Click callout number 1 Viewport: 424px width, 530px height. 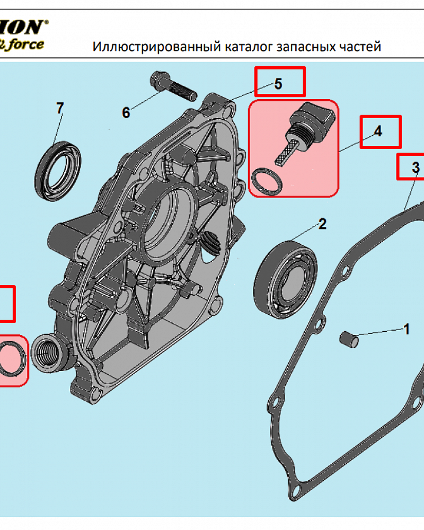[x=407, y=329]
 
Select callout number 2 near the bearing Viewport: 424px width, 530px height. [x=322, y=224]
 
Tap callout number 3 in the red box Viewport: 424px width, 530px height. [x=416, y=168]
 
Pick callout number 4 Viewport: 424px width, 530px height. [x=378, y=131]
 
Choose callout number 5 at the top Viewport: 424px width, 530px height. [x=278, y=84]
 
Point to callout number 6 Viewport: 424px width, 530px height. [x=126, y=112]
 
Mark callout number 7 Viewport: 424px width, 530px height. [x=60, y=108]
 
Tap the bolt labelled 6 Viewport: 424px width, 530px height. [x=174, y=86]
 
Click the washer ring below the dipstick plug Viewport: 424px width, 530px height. [x=266, y=181]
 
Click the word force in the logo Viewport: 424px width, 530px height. [x=26, y=43]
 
